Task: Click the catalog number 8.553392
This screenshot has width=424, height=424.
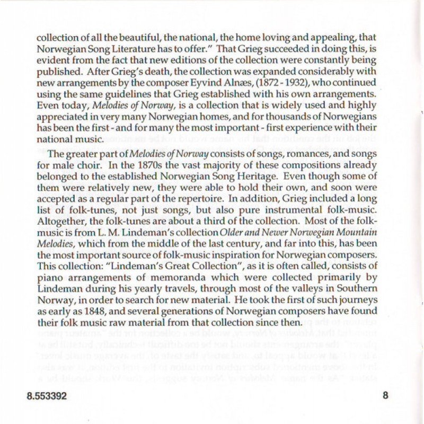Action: tap(46, 396)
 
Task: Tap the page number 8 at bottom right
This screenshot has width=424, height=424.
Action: tap(385, 395)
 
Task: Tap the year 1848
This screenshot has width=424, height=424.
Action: tap(104, 311)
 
